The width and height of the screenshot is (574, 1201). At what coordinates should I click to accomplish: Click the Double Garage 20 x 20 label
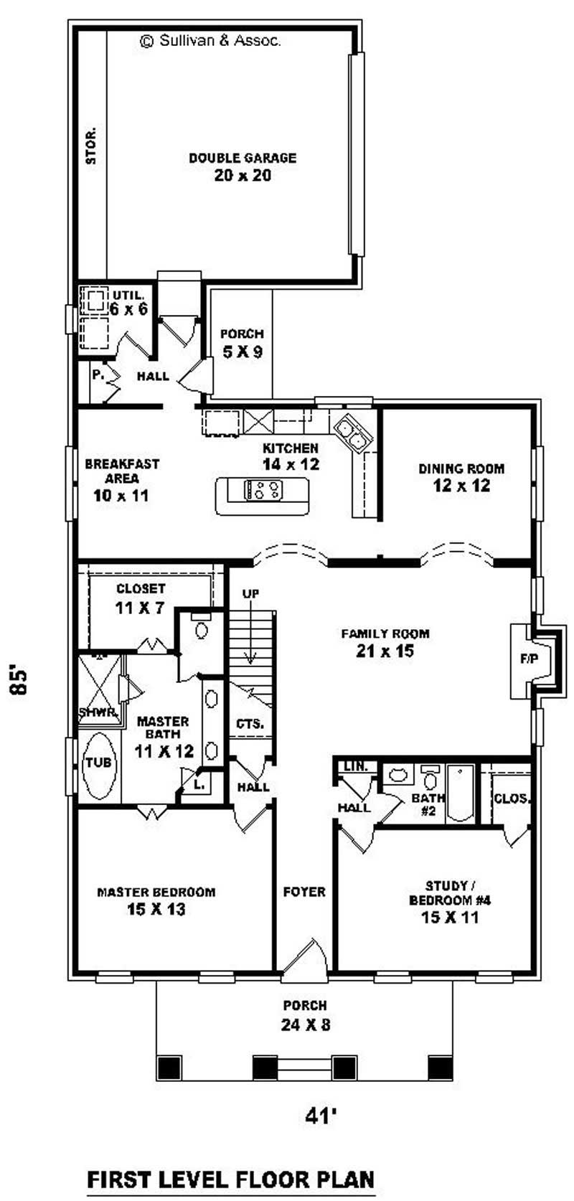click(x=243, y=167)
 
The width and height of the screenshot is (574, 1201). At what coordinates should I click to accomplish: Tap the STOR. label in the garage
click(x=92, y=146)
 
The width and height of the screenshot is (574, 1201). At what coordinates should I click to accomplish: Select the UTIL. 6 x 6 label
click(x=128, y=303)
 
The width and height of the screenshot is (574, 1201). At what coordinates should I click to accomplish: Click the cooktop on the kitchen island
click(x=263, y=490)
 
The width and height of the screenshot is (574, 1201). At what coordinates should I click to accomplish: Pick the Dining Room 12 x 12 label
click(x=461, y=477)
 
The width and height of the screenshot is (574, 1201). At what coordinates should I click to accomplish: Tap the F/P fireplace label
click(x=529, y=659)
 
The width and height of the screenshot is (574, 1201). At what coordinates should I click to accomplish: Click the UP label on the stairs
click(x=250, y=593)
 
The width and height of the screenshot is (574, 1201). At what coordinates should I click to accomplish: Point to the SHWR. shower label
click(x=99, y=712)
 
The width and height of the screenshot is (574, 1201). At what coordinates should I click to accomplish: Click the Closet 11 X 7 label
click(x=141, y=598)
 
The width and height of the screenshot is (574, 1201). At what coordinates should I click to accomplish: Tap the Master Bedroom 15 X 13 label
click(x=156, y=901)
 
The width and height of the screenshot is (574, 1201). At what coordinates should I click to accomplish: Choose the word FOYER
click(x=304, y=892)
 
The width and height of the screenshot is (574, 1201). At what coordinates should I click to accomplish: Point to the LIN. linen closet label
click(x=356, y=767)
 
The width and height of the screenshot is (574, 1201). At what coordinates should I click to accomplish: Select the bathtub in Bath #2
click(x=460, y=793)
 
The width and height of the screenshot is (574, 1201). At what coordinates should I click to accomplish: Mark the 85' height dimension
click(x=18, y=681)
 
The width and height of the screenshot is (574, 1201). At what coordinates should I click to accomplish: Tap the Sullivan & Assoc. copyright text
click(x=210, y=41)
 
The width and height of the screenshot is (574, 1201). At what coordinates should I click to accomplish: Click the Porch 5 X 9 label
click(x=242, y=344)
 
